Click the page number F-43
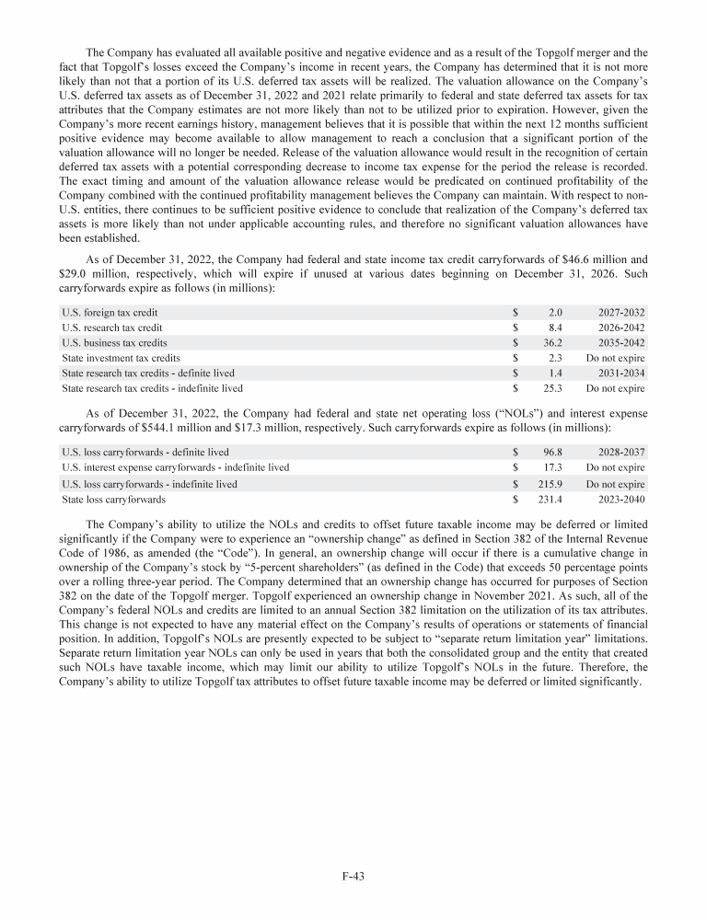[353, 877]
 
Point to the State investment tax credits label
[121, 358]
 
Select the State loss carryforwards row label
[114, 500]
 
